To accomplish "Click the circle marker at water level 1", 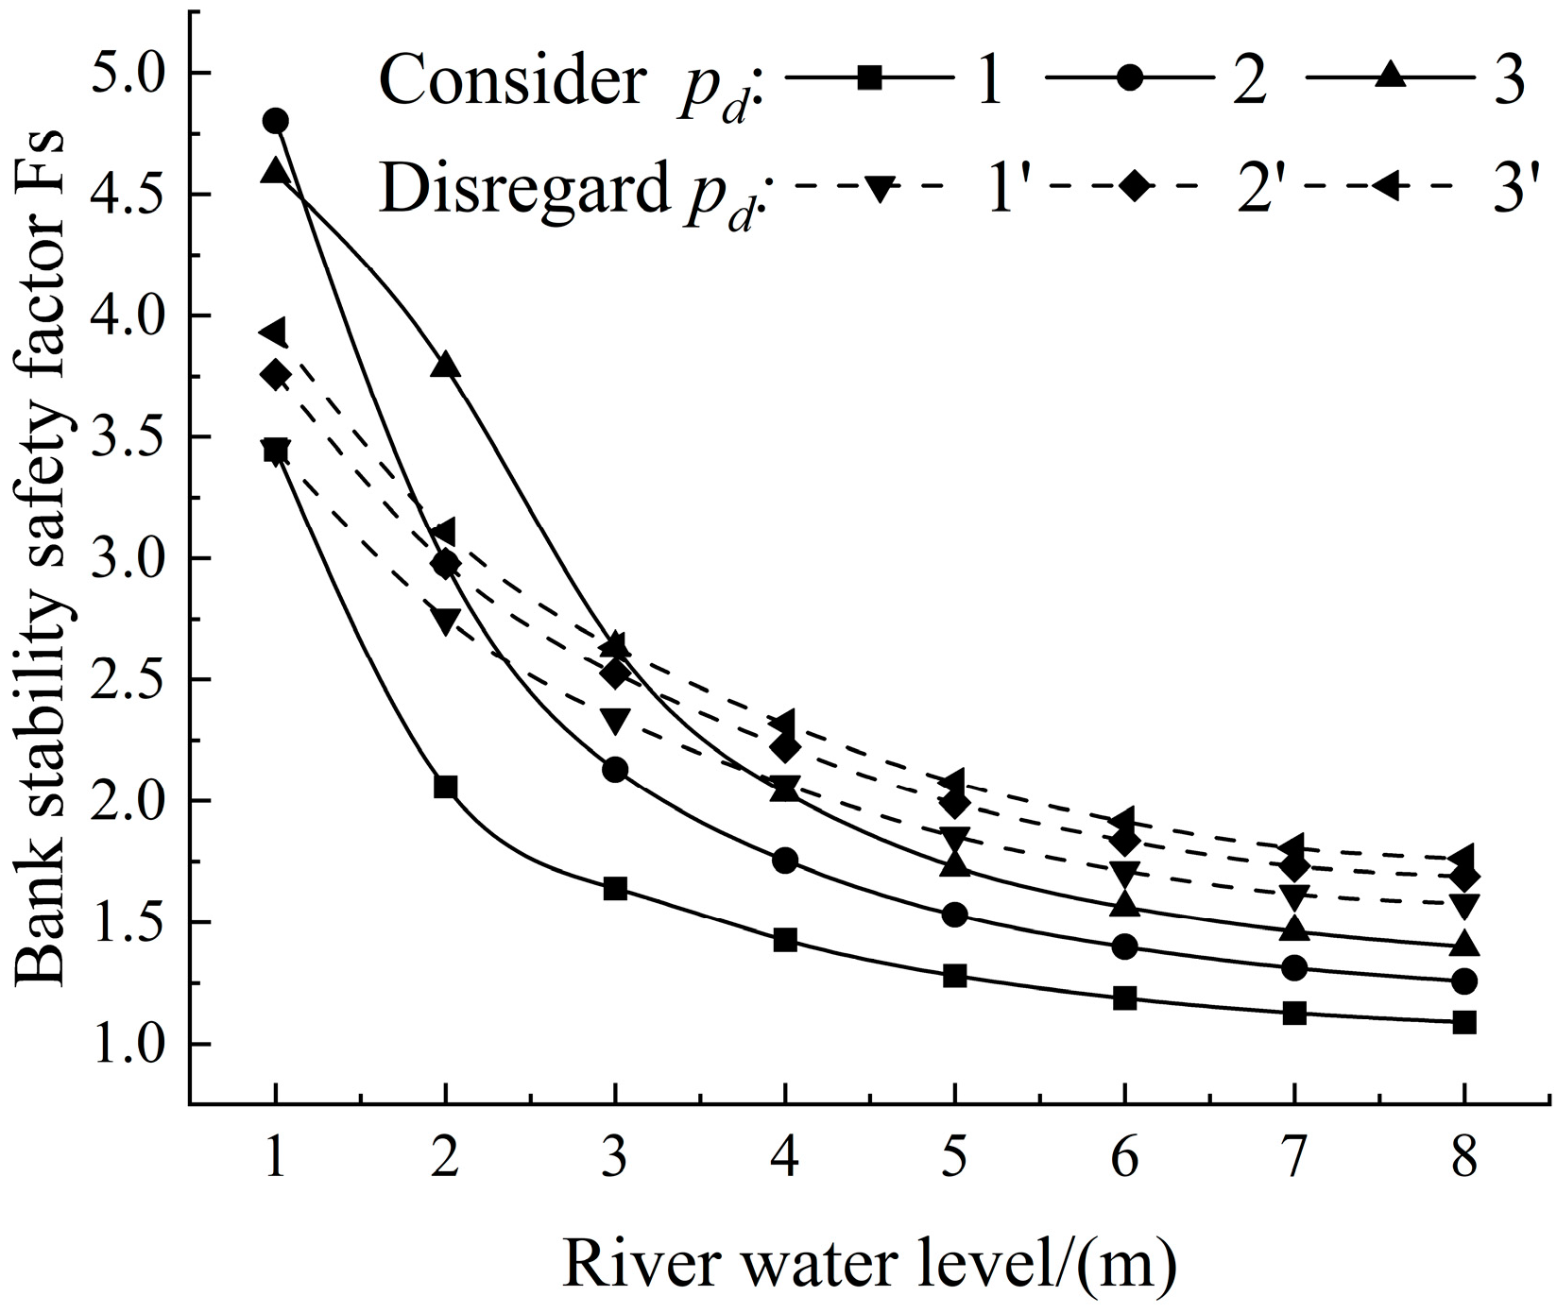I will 275,121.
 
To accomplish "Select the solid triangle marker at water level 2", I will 445,366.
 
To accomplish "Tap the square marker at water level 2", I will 445,787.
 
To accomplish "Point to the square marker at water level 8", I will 1464,1022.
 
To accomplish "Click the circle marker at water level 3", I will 615,770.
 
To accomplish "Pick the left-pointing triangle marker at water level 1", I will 273,332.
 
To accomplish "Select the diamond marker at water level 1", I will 275,375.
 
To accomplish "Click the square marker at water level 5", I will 955,976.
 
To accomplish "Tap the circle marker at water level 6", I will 1124,946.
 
